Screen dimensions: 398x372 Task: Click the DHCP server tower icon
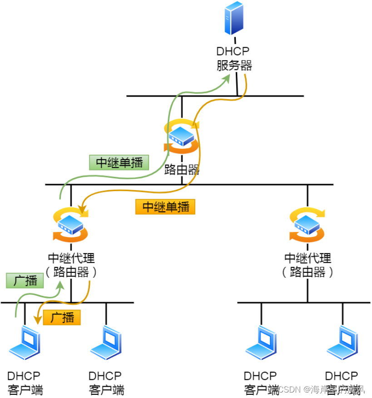233,18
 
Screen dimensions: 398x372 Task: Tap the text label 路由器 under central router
182,170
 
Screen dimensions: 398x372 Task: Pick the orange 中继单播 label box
166,207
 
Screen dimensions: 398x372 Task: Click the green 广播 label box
25,280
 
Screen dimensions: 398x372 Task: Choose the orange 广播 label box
62,317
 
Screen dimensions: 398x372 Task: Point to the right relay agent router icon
308,225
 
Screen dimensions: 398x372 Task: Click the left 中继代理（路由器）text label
71,265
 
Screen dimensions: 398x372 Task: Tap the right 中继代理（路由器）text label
308,265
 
